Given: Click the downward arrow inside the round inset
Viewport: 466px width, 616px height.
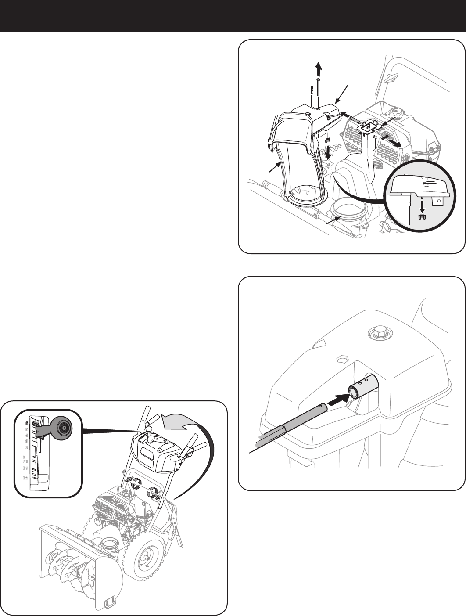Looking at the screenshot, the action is (x=422, y=205).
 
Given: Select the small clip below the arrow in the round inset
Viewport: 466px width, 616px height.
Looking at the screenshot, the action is (x=422, y=216).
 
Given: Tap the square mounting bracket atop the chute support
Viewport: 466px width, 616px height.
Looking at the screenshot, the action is (x=368, y=128).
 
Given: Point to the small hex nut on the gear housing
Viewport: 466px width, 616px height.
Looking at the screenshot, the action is (x=342, y=359).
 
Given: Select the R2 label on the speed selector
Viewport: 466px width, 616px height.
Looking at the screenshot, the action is (x=25, y=478).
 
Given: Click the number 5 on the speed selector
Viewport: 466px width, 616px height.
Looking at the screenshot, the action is (x=26, y=429).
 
